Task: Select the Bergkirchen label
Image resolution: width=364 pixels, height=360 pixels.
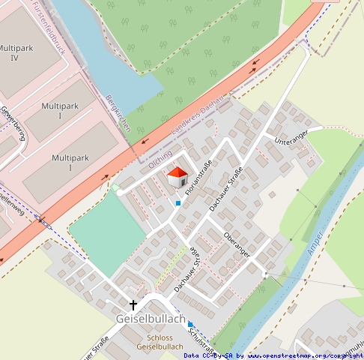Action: (x=118, y=112)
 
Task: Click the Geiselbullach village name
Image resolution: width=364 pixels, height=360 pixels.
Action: (x=151, y=319)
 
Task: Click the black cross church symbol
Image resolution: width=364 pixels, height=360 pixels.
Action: (x=134, y=304)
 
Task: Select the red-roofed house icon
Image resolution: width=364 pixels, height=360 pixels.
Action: (x=178, y=178)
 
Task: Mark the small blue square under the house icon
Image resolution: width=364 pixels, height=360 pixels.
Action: (x=178, y=202)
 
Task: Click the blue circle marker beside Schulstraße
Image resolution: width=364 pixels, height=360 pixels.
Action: (x=190, y=324)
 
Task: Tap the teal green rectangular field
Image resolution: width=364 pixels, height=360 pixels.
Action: (x=107, y=232)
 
